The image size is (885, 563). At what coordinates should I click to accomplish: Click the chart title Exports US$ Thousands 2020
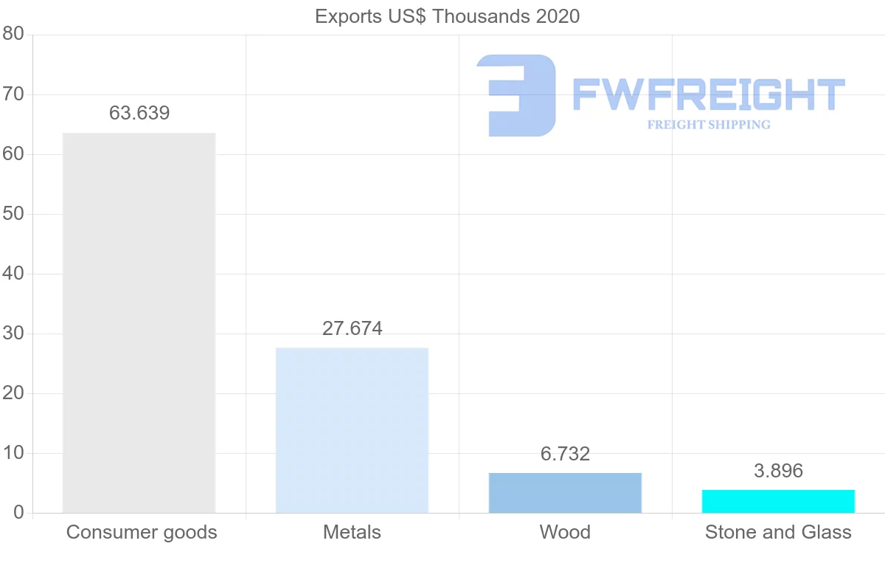click(x=447, y=16)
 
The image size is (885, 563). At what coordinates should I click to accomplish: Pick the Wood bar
click(x=565, y=492)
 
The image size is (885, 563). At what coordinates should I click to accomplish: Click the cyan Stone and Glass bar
click(x=778, y=501)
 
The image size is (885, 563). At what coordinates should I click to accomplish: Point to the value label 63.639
click(x=139, y=113)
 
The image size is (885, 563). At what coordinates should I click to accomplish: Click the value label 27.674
click(x=353, y=328)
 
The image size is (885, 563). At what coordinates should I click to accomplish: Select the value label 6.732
click(x=565, y=454)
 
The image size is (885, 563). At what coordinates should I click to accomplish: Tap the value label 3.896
click(x=778, y=471)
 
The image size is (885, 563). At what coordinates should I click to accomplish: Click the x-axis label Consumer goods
click(x=142, y=532)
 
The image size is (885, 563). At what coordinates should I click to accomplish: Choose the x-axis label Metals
click(x=352, y=532)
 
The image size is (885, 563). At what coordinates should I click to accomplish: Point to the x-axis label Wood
click(x=565, y=532)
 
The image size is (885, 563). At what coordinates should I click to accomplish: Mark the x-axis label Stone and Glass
click(x=778, y=532)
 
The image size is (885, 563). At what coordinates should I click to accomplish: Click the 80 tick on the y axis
click(x=13, y=34)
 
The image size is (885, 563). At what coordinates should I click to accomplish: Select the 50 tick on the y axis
click(x=13, y=214)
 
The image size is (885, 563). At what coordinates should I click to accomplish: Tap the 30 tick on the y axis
click(x=13, y=334)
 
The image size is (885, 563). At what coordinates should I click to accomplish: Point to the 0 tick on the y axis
click(x=18, y=513)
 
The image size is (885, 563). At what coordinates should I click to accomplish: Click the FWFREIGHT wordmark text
click(x=708, y=94)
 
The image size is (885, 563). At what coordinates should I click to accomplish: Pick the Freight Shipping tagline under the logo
click(x=709, y=125)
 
